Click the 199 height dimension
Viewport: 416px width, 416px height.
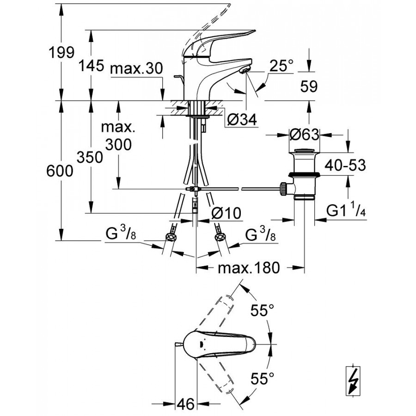coord(61,52)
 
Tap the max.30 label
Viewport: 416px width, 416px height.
coord(136,69)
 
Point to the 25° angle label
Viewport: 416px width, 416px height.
coord(281,66)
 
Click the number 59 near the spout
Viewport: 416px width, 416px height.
coord(308,86)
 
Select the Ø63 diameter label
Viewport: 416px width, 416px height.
coord(304,135)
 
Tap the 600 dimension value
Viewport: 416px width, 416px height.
coord(61,171)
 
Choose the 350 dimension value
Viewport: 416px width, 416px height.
coord(90,158)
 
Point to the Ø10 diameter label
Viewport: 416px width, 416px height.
coord(226,213)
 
